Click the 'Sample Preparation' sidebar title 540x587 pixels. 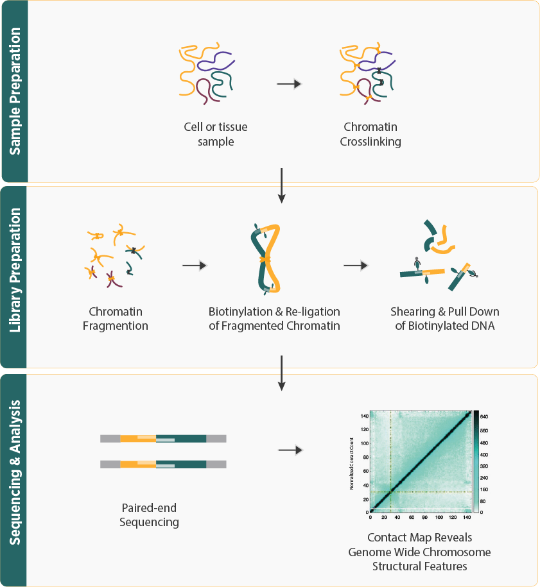[15, 91]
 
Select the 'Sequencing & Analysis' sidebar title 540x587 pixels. [15, 473]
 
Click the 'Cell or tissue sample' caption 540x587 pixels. [216, 134]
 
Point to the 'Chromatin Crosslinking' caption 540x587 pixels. [370, 134]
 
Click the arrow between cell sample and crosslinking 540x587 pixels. [289, 83]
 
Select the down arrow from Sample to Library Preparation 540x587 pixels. [281, 185]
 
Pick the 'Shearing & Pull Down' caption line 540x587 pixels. [444, 312]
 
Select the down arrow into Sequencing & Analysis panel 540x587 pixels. [281, 373]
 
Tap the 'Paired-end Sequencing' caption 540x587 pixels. [150, 515]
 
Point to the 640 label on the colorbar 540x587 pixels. [485, 416]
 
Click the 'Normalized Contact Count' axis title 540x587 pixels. [352, 463]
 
